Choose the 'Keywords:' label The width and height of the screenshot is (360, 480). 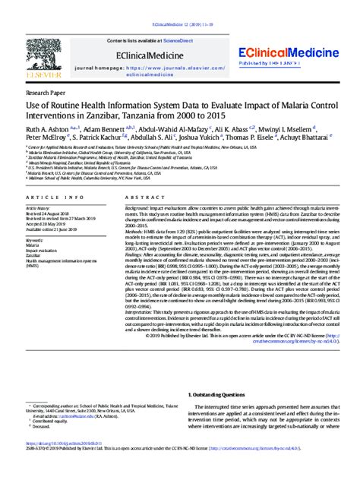click(x=36, y=241)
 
